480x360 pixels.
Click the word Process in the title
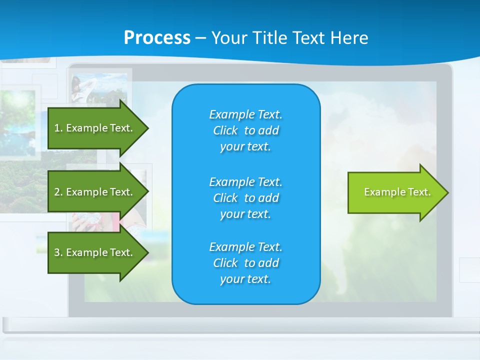(x=157, y=38)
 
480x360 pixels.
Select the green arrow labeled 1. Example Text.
(x=95, y=128)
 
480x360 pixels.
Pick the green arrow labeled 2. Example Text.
(x=95, y=192)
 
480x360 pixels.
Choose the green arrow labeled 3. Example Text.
(x=95, y=252)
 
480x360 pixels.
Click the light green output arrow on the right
(x=395, y=192)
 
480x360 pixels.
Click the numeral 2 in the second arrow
(x=57, y=192)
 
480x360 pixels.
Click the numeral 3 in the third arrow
(x=57, y=252)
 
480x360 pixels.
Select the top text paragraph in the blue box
(x=245, y=130)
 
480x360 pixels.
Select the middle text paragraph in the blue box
(x=245, y=197)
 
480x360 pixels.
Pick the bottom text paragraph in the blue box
(x=245, y=263)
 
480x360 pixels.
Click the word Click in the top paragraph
(x=225, y=130)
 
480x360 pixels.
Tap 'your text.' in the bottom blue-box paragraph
(x=245, y=279)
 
